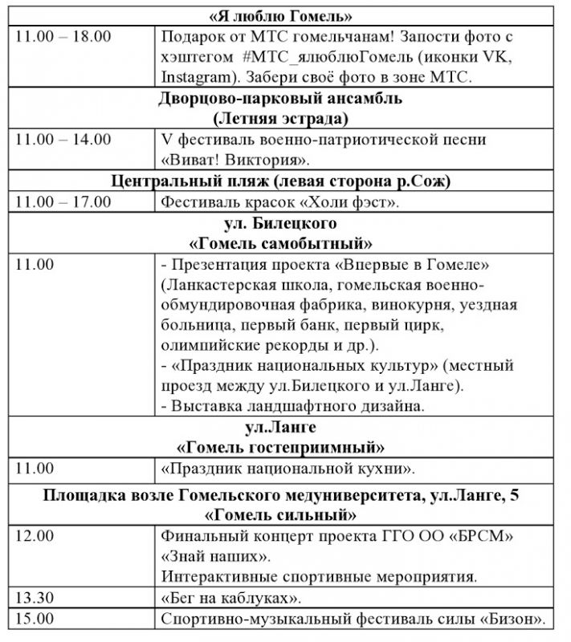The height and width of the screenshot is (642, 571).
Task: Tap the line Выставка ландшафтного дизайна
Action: pos(292,407)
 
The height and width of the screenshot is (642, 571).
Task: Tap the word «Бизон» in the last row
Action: pos(514,618)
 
